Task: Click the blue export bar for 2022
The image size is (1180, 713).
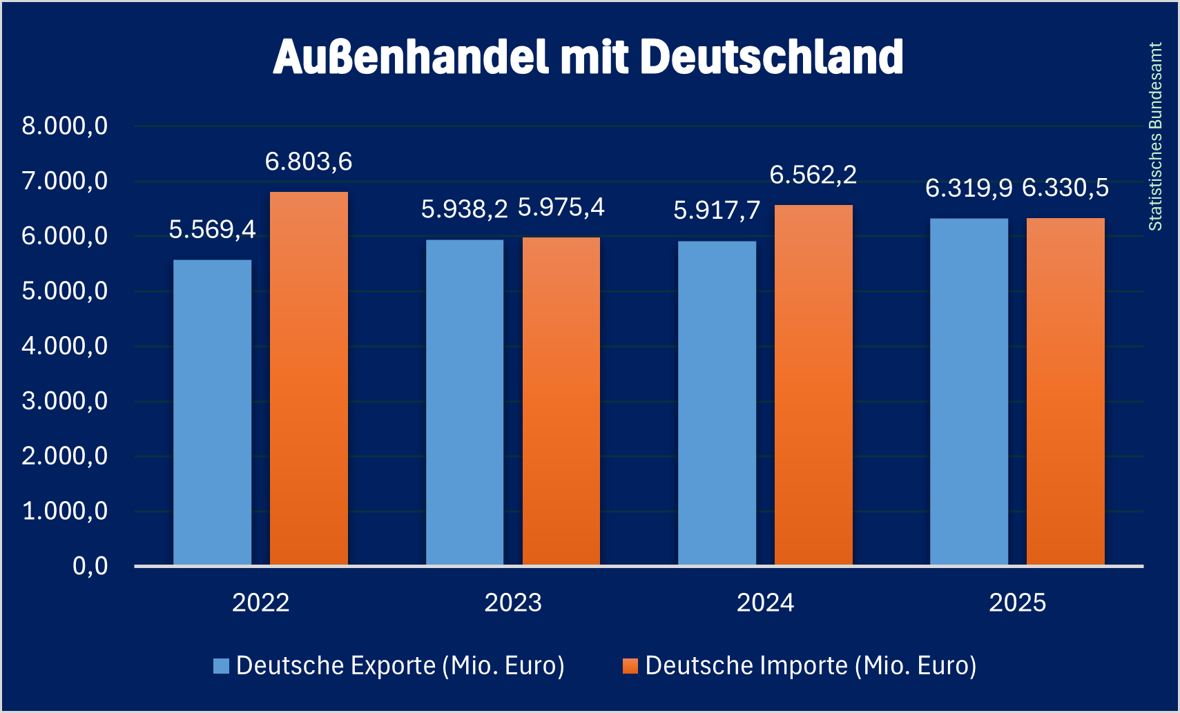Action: (212, 413)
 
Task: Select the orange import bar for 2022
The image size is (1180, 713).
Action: (309, 378)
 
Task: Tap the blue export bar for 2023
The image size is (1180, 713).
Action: (464, 402)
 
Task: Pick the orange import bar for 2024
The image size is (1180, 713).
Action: (813, 385)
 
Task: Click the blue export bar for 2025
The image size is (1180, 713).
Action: (969, 392)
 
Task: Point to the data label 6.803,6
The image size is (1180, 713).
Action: (309, 162)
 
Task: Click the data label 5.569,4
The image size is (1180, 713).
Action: (212, 229)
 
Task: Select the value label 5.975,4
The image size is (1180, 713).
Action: (561, 207)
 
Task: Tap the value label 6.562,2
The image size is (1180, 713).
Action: (813, 175)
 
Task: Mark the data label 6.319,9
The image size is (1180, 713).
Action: (969, 188)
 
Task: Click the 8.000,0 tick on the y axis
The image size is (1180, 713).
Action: (65, 126)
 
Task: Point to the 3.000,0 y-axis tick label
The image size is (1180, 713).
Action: (65, 401)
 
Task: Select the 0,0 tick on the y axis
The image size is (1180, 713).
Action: (90, 566)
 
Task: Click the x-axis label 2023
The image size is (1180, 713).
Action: (513, 603)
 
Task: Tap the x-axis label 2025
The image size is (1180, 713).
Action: (1018, 603)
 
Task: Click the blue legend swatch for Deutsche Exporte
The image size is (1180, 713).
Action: (221, 665)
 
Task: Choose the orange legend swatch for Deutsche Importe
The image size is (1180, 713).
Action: (630, 665)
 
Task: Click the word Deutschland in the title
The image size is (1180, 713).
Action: (772, 57)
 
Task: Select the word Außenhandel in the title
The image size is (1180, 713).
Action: (411, 57)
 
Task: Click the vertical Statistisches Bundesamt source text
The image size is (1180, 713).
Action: (1155, 137)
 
